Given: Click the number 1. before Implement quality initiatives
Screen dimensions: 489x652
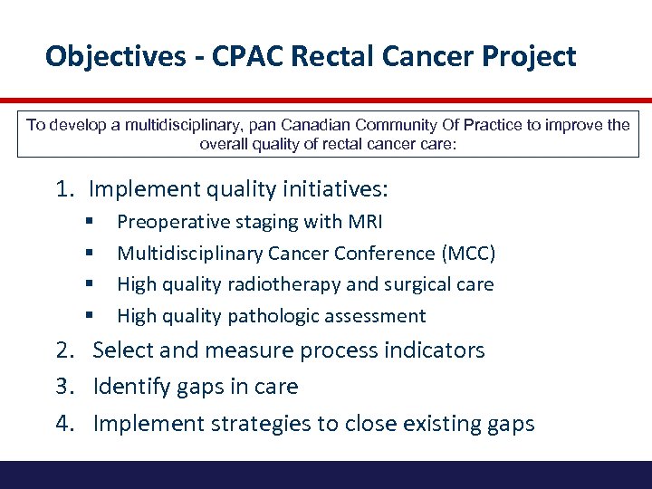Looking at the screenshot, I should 64,189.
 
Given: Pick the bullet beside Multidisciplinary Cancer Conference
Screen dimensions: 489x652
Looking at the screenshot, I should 90,254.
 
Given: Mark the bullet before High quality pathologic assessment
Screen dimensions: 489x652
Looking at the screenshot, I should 90,316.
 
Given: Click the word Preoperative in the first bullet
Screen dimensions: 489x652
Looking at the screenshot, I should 168,222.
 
